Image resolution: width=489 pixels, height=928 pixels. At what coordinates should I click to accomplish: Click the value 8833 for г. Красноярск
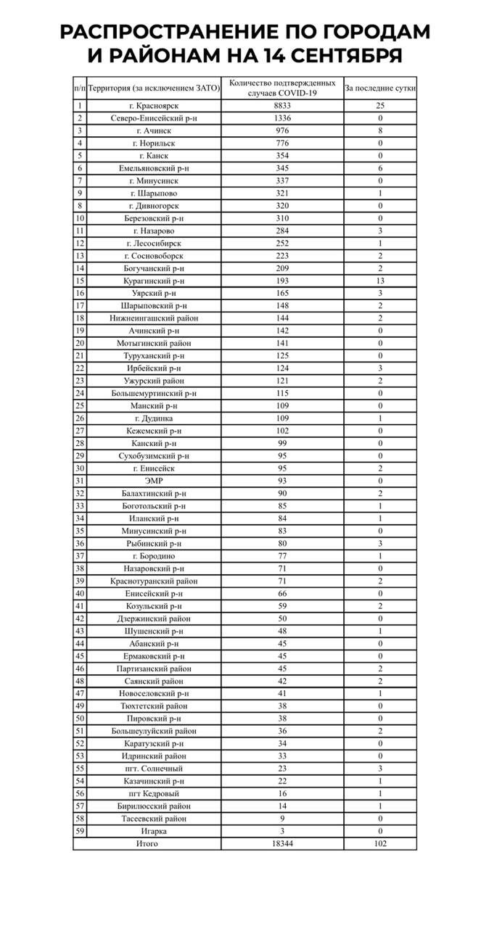[x=282, y=106]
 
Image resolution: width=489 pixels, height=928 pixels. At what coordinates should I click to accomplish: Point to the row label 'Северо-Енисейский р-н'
[x=153, y=118]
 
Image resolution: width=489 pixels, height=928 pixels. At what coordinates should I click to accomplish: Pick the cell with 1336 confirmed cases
[x=282, y=118]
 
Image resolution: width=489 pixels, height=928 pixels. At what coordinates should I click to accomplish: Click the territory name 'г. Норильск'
[x=153, y=144]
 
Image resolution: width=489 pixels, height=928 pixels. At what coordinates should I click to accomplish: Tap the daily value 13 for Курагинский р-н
[x=380, y=281]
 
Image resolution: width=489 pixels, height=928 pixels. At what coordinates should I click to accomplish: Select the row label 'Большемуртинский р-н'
[x=153, y=394]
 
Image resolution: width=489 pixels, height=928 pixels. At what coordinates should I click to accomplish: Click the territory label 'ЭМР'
[x=153, y=481]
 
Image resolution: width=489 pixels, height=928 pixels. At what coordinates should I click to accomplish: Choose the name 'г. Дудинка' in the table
[x=153, y=418]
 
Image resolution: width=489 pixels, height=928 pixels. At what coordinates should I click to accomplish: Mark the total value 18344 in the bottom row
[x=282, y=844]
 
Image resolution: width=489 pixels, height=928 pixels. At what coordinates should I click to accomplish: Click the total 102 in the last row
[x=380, y=844]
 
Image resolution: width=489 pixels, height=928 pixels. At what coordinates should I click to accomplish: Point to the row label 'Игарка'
[x=153, y=832]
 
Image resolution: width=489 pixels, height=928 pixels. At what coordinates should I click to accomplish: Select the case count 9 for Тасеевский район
[x=282, y=819]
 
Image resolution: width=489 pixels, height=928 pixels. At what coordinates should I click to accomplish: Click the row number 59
[x=80, y=832]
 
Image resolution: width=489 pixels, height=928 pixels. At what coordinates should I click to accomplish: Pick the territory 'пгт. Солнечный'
[x=153, y=768]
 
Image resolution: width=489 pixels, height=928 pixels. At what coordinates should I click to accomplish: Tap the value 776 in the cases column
[x=282, y=144]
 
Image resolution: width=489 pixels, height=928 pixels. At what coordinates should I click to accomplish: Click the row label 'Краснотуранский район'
[x=153, y=581]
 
